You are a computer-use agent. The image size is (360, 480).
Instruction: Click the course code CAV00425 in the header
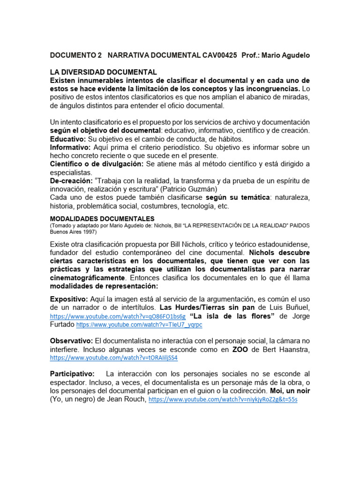[x=220, y=55]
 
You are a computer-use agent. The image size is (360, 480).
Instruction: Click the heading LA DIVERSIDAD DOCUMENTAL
[x=104, y=72]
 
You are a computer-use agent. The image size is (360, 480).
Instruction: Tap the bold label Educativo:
[x=68, y=139]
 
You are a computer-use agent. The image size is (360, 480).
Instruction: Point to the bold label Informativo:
[x=70, y=147]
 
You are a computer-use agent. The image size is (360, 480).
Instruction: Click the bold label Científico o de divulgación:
[x=97, y=164]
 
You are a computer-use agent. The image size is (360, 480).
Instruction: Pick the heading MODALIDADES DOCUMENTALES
[x=102, y=218]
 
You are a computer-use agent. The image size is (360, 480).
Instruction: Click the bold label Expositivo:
[x=69, y=299]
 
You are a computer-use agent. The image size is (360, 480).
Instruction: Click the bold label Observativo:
[x=72, y=340]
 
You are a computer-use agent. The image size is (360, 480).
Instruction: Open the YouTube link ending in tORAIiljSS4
[x=114, y=358]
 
